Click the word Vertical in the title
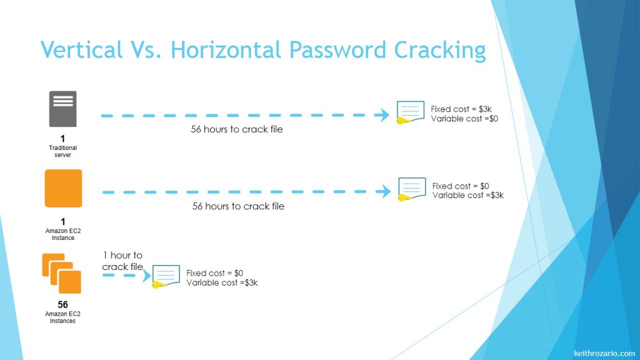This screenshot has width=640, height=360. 82,49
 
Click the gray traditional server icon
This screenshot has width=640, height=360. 62,109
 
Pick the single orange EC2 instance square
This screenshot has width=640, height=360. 63,188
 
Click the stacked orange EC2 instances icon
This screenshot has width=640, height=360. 61,273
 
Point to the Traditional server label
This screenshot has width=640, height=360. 62,151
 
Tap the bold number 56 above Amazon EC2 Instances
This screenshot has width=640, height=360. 62,305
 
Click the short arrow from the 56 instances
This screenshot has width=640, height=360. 125,275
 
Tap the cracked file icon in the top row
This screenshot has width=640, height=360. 410,112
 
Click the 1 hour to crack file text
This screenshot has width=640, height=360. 123,261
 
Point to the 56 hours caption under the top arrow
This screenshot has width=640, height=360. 237,130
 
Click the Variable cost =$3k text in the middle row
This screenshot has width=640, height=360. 467,195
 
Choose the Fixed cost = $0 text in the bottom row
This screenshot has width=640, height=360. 214,273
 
